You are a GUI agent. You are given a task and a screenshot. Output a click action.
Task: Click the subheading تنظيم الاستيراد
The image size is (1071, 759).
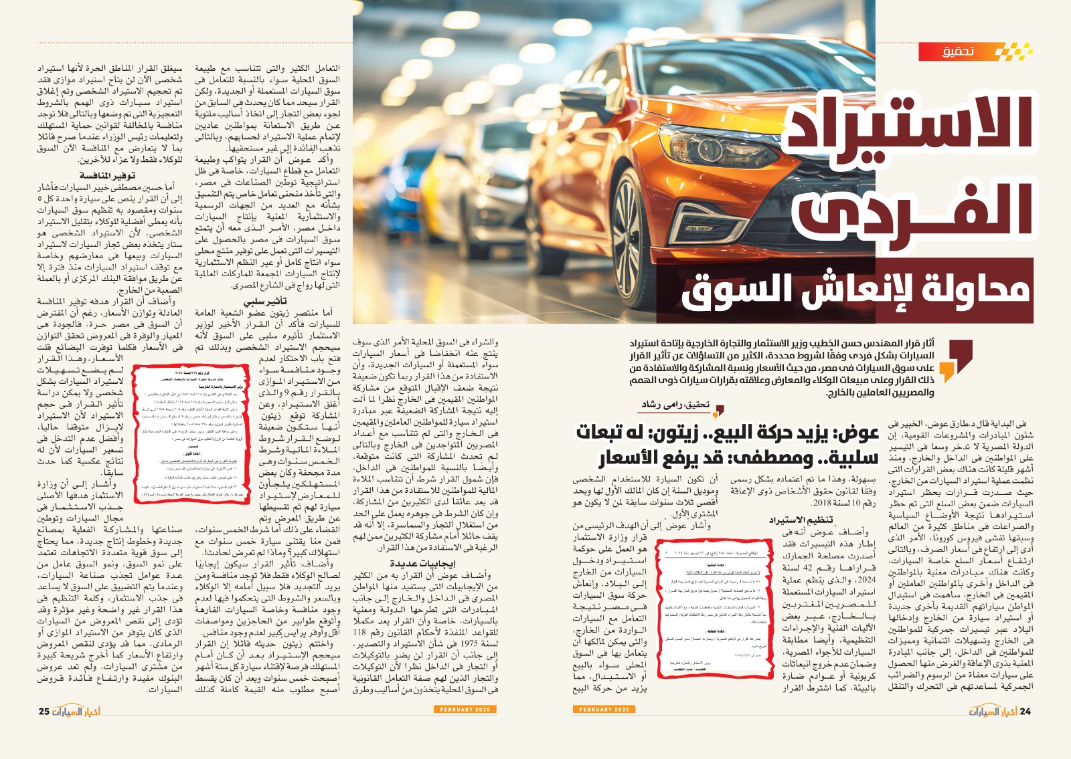(x=801, y=520)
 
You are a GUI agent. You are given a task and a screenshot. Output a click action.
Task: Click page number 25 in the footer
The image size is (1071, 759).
(x=44, y=711)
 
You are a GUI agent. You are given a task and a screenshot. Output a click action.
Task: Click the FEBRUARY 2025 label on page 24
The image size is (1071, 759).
(x=604, y=710)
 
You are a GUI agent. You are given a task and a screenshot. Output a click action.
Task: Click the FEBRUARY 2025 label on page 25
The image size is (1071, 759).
(x=465, y=710)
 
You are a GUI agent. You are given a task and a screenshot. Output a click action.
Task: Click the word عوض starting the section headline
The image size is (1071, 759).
(x=853, y=433)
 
